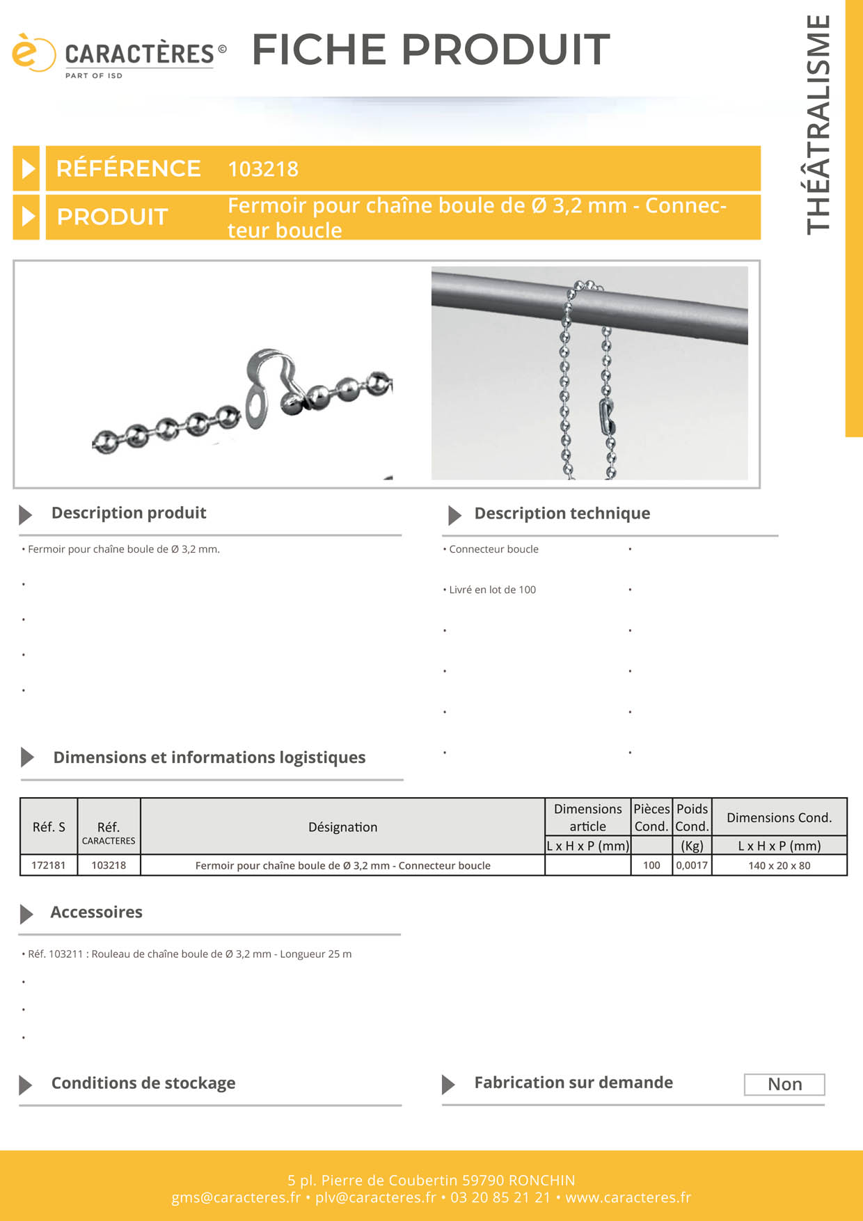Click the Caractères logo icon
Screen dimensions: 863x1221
click(x=33, y=53)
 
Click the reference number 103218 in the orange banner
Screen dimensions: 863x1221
click(x=263, y=169)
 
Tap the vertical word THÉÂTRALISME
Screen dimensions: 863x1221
click(x=818, y=125)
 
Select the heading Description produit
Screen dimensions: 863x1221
click(x=129, y=513)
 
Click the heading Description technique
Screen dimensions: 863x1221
click(x=562, y=514)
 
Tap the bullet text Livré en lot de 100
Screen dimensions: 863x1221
click(x=493, y=590)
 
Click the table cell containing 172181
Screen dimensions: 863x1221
click(x=49, y=865)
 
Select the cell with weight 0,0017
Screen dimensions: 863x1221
click(x=692, y=865)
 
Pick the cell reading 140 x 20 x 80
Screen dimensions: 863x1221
click(x=779, y=865)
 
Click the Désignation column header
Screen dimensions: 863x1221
click(x=342, y=827)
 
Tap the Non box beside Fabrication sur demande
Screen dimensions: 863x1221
click(x=784, y=1085)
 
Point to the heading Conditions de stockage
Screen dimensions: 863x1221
click(x=143, y=1083)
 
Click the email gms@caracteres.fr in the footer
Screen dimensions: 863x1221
click(x=236, y=1197)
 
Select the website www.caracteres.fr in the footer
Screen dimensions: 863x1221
click(x=628, y=1197)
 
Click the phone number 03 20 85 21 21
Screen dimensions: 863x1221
click(x=500, y=1197)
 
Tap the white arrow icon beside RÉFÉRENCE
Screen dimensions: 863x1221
click(x=27, y=168)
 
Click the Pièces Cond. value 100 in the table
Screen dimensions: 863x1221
click(x=651, y=865)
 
